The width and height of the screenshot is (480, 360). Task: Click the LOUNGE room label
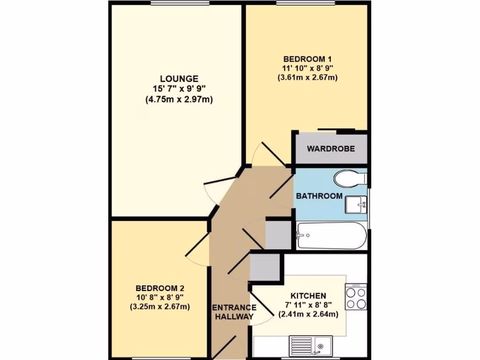pos(179,79)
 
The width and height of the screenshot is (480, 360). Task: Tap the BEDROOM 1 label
pos(307,59)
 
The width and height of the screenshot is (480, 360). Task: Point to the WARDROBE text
pos(331,149)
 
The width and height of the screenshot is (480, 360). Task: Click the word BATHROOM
pos(319,196)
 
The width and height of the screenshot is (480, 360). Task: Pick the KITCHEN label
pos(308,296)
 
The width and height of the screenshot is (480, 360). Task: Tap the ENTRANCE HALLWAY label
pos(234,312)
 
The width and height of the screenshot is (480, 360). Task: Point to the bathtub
pos(331,235)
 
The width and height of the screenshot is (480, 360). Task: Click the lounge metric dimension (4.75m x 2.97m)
pos(179,99)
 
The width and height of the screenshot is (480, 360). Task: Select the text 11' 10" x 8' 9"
pos(307,68)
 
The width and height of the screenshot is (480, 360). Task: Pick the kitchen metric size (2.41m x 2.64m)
pos(308,315)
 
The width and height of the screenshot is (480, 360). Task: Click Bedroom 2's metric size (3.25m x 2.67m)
pos(159,307)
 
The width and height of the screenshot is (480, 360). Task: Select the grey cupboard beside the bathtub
pos(278,234)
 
